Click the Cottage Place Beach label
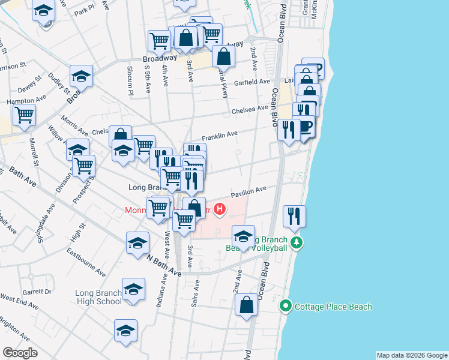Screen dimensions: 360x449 point(333,307)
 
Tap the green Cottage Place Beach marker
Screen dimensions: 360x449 point(286,307)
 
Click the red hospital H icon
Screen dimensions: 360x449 point(220,209)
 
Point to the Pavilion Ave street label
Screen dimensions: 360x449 point(249,190)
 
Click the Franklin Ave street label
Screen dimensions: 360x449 point(220,136)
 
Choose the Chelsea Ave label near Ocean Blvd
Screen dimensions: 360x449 point(250,109)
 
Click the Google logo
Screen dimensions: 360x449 point(20,353)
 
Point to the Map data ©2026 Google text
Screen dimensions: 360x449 point(411,355)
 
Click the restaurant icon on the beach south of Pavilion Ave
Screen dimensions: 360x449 point(294,215)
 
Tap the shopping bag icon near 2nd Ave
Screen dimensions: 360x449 point(247,304)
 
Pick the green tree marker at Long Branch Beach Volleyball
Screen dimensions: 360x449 point(295,242)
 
